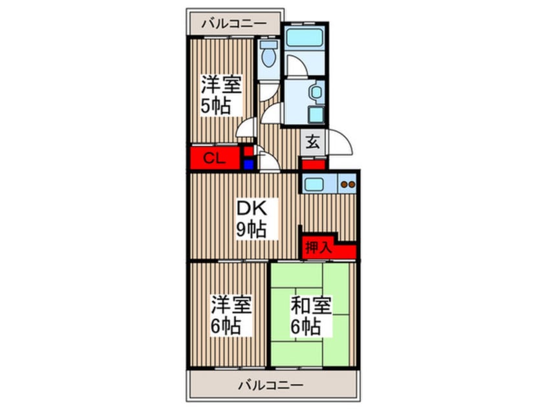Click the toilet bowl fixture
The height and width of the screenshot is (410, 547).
pos(269,54)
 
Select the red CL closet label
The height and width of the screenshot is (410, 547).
pos(214,158)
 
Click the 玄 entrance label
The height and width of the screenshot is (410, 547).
pos(313,143)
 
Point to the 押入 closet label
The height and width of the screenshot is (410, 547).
pos(318,248)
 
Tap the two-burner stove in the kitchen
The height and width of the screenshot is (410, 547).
pos(347,184)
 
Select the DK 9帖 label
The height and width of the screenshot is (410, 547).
pos(252,219)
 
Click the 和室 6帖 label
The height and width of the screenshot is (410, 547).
pos(311,316)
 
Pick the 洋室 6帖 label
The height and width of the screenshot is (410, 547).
pos(231,316)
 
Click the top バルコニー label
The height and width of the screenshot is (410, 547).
pos(234,24)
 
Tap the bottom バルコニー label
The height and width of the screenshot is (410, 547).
pos(271,385)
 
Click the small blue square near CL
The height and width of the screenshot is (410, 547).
pos(248,164)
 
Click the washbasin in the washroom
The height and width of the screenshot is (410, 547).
pos(316,92)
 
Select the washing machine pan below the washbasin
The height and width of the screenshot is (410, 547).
pos(316,114)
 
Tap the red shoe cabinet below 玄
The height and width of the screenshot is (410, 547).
pos(314,164)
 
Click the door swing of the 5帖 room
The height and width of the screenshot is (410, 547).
pos(246,128)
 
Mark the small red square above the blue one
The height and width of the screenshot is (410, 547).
pos(248,151)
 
